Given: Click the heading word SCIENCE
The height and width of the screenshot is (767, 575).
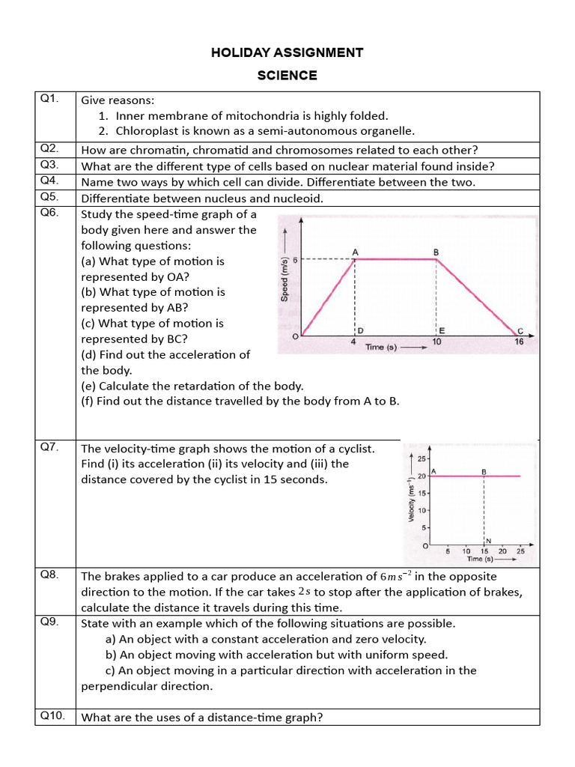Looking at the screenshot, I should point(287,75).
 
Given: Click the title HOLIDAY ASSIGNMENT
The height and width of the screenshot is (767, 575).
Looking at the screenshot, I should point(287,52).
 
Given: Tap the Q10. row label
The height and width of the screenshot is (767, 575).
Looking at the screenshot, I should point(52,716).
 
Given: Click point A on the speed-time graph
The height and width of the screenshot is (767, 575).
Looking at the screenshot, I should point(354,252).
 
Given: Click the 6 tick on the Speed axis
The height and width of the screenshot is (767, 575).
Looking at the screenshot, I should point(294,260).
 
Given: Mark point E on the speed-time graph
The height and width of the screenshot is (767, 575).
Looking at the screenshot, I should point(441,330).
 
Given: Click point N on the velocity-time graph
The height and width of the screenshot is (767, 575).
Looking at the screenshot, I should point(488,540).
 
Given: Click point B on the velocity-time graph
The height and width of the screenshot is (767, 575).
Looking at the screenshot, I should point(484,471).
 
